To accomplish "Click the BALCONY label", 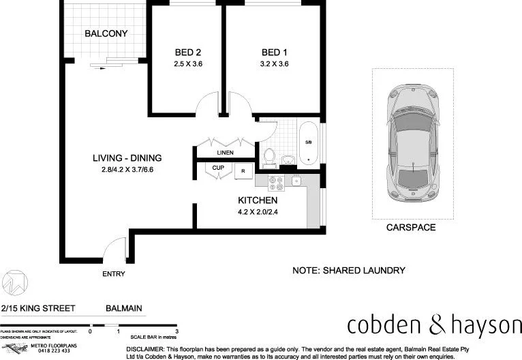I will click(x=106, y=33).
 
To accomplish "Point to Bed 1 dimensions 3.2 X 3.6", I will click(x=275, y=65).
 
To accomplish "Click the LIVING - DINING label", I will click(x=127, y=158).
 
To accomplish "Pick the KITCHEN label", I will click(x=257, y=200).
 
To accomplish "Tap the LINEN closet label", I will click(x=226, y=153).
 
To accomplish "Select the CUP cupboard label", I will click(x=218, y=168).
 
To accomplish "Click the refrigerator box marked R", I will click(x=243, y=171).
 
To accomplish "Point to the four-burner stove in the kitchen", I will click(x=276, y=183).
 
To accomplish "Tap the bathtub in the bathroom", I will click(x=309, y=144).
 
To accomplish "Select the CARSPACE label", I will click(x=410, y=228).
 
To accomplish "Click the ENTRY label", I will click(x=114, y=274).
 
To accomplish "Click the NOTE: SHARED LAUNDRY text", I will click(x=348, y=271).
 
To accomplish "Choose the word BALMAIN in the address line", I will click(x=124, y=308).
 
